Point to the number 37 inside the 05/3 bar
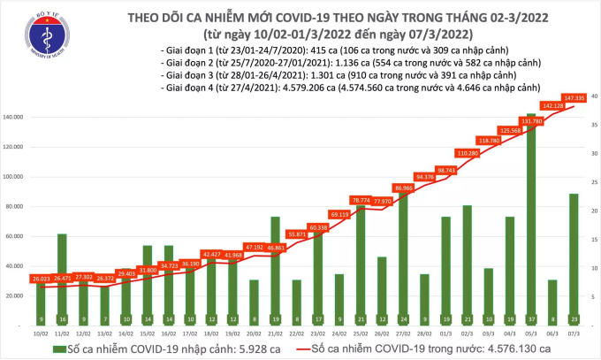point(529,318)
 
